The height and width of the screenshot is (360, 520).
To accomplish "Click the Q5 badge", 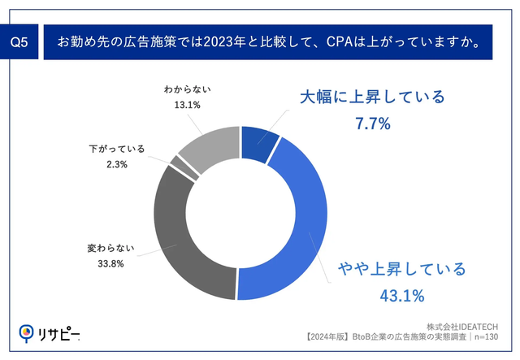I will (x=21, y=41).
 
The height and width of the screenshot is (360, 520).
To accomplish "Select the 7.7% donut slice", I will (x=260, y=142).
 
